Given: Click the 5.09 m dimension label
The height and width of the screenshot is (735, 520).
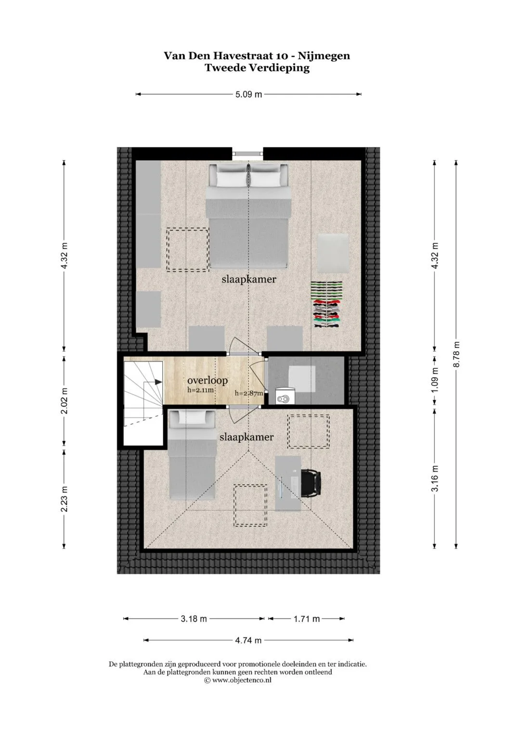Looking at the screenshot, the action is coord(249,94).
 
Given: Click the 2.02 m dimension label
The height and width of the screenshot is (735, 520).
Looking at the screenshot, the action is coord(65,401).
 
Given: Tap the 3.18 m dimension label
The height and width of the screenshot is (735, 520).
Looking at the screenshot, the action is coord(194,619).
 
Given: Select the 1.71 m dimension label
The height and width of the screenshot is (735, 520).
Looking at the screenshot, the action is coord(307,619).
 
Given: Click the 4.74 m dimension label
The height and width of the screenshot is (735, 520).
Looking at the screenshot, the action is coord(248,640).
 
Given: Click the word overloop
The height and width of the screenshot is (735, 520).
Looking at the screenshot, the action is coord(208,381).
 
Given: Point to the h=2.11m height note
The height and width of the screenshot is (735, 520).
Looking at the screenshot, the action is coord(201,390).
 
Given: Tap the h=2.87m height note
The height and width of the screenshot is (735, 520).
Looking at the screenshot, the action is coord(249,393).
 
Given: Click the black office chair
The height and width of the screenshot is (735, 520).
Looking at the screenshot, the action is coord(311,482).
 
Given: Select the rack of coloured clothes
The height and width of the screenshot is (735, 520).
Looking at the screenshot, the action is coord(326,304).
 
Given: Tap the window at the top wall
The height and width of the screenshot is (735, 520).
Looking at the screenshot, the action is coord(248,154).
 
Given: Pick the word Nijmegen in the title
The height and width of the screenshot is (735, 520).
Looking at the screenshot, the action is coord(324,56).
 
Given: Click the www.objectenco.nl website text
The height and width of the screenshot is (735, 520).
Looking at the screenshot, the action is coord(242,680).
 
